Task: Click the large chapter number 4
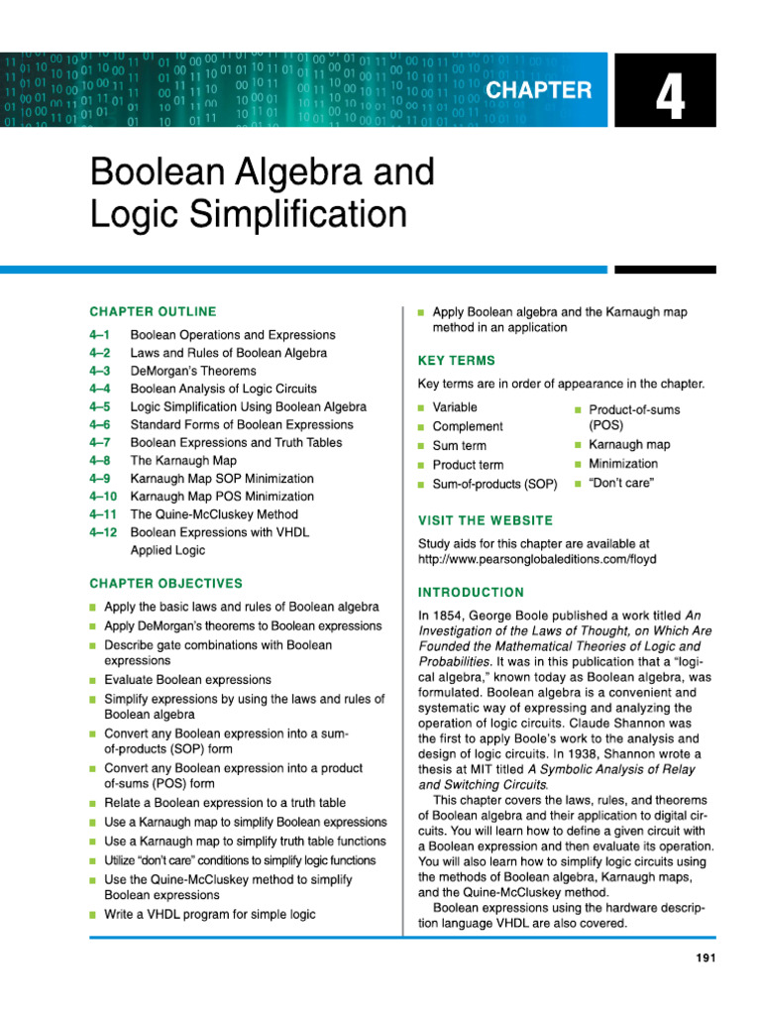(669, 99)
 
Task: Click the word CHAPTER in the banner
(538, 90)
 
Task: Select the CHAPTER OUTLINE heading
(153, 311)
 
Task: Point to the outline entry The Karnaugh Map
(183, 461)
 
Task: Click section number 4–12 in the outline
(104, 532)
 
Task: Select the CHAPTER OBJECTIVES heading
(165, 583)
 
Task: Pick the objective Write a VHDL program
(210, 914)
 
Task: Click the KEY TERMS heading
(457, 361)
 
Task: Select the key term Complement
(468, 426)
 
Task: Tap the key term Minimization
(622, 464)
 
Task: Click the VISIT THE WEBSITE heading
(486, 520)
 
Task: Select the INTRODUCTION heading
(472, 593)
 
